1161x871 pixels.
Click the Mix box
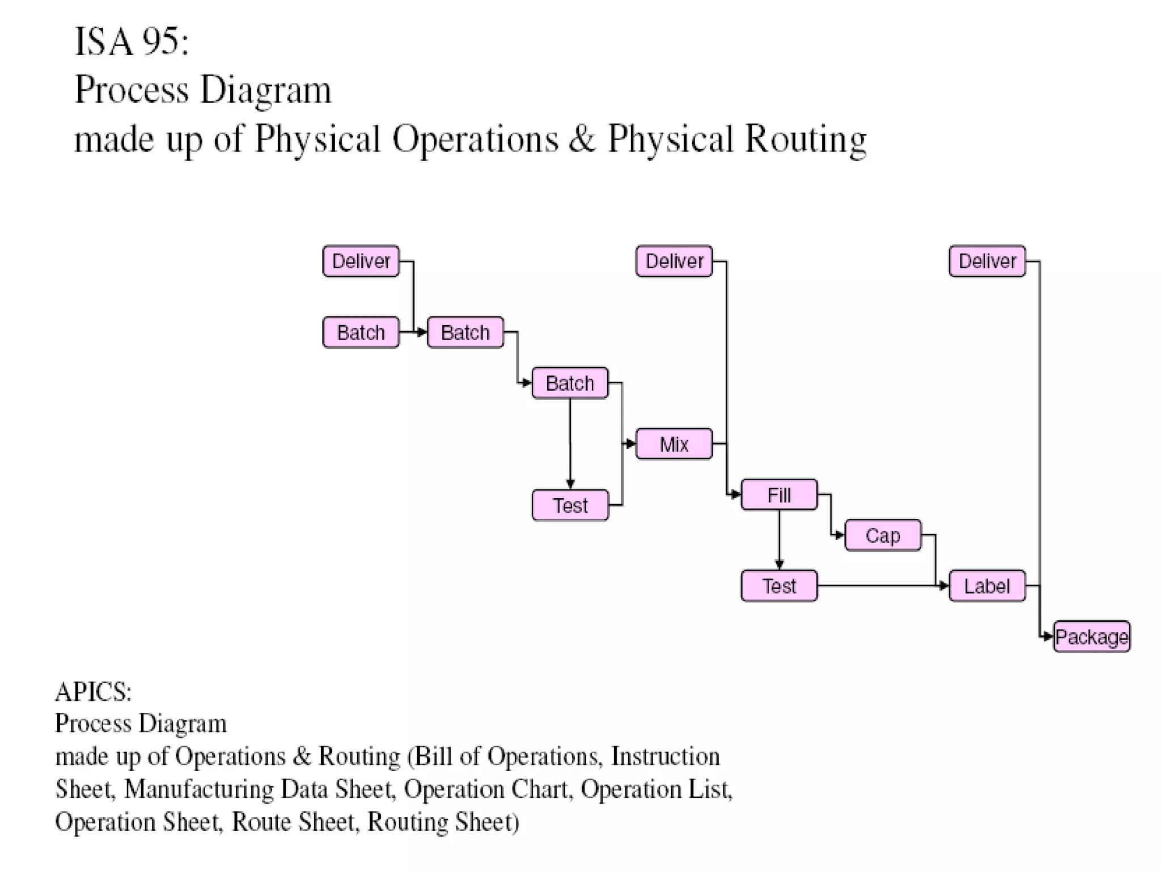click(x=673, y=444)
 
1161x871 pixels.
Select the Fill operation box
click(x=779, y=495)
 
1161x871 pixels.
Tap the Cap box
click(x=883, y=535)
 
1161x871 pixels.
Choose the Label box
click(x=987, y=586)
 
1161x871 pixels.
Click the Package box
click(x=1091, y=637)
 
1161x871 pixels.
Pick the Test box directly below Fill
click(x=779, y=586)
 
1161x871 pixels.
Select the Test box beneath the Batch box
click(x=570, y=505)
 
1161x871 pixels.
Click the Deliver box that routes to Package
click(x=987, y=261)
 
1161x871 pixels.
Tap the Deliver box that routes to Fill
click(x=673, y=261)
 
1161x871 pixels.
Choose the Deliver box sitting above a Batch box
click(x=361, y=261)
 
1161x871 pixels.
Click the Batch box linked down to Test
click(x=570, y=383)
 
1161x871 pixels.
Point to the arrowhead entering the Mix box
click(x=631, y=444)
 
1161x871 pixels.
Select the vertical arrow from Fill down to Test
click(x=779, y=539)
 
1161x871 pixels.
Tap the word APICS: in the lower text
click(x=93, y=692)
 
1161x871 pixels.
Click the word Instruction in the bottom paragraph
click(x=665, y=756)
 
